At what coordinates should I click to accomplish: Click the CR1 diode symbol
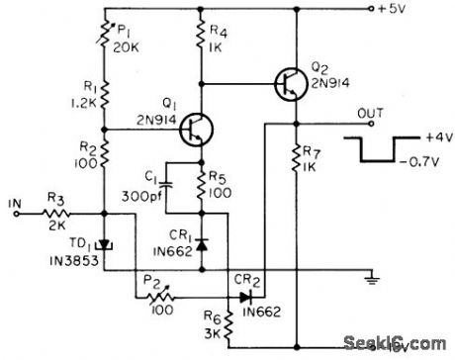(x=202, y=242)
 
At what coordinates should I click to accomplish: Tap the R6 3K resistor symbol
(x=227, y=321)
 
